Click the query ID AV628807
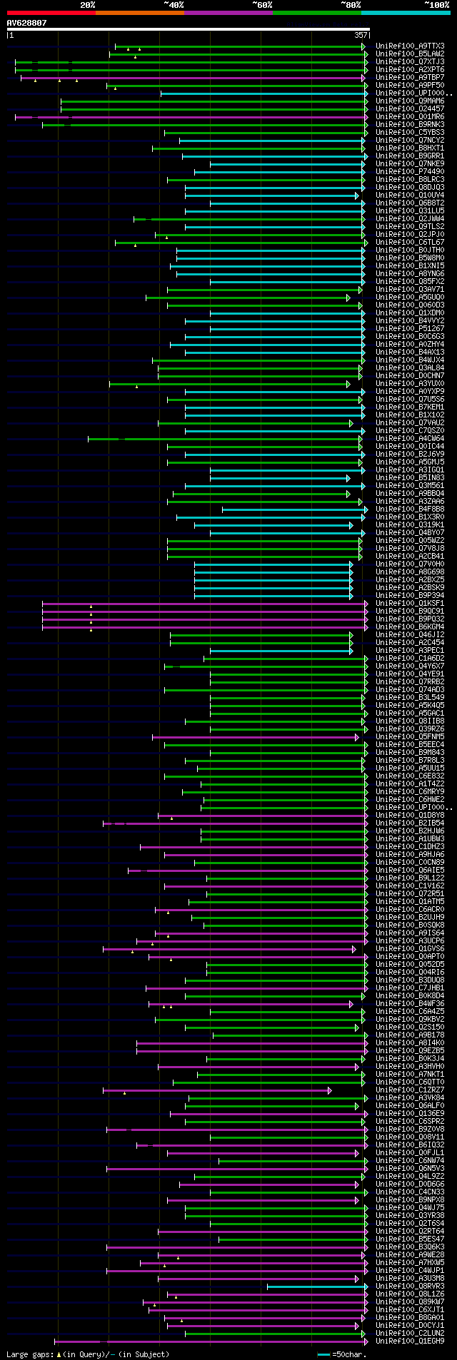click(x=26, y=23)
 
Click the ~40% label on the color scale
click(x=174, y=5)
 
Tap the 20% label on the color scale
click(x=88, y=5)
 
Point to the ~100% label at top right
click(x=436, y=5)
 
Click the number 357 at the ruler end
click(x=361, y=34)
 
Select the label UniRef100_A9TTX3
click(x=410, y=46)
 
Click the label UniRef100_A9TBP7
click(x=410, y=78)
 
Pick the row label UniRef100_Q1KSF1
click(x=410, y=604)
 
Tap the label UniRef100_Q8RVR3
click(x=410, y=1287)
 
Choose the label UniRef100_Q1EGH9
click(x=410, y=1341)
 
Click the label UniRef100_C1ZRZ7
click(x=410, y=1090)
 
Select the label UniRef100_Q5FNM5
click(x=410, y=737)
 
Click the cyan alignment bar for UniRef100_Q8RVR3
click(x=314, y=1287)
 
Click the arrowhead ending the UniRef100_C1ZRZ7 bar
click(x=329, y=1090)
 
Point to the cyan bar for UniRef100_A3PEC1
click(x=278, y=651)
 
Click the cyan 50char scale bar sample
click(x=324, y=1354)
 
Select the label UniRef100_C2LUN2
click(x=410, y=1334)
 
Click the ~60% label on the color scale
click(x=262, y=5)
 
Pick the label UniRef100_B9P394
click(x=410, y=596)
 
